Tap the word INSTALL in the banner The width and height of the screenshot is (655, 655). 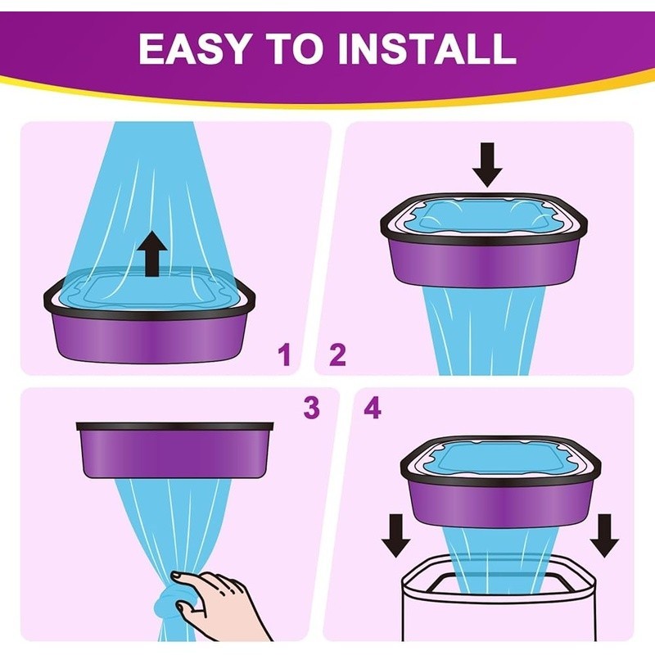(x=427, y=48)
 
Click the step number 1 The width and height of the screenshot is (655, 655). (x=285, y=355)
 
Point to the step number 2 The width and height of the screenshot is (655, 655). (x=338, y=355)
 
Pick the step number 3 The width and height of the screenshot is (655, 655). (x=312, y=407)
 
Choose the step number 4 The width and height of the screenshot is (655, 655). (x=373, y=407)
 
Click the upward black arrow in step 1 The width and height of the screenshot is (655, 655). (x=151, y=254)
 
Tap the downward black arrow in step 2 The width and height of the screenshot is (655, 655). (x=487, y=165)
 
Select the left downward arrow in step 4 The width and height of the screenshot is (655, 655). (x=395, y=536)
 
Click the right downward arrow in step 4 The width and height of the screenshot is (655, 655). (x=604, y=536)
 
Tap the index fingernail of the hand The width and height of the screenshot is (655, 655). (x=178, y=576)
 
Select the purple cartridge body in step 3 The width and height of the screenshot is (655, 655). (x=174, y=454)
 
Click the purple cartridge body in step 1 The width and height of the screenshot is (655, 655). (x=149, y=337)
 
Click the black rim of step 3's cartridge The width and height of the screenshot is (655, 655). (x=174, y=427)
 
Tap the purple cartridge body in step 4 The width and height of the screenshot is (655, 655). (x=501, y=502)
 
